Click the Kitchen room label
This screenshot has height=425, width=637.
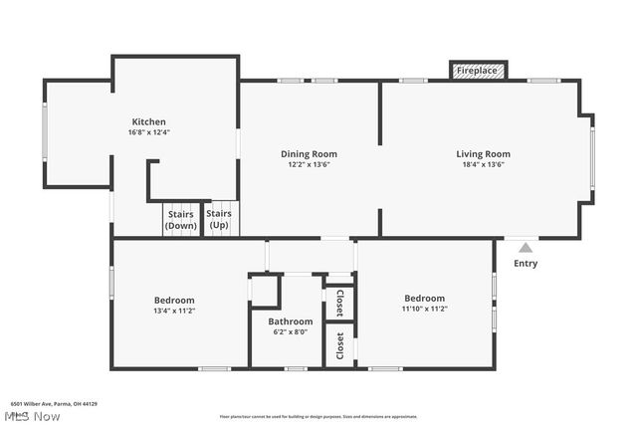pos(148,121)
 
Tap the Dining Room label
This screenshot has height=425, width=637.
pos(309,153)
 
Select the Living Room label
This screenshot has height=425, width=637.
pos(483,153)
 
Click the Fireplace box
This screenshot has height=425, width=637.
pos(479,71)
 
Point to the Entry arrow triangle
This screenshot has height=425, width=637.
pos(526,246)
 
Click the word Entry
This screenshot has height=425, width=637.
pos(526,264)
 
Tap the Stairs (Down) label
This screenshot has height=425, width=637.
pos(180,220)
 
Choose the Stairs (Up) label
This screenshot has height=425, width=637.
pos(219,220)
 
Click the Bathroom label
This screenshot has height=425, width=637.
pos(290,321)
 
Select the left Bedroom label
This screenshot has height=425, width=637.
pos(174,300)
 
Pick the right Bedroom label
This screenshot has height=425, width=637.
pos(424,298)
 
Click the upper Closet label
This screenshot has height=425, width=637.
pos(339,303)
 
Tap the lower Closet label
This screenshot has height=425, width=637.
pos(339,346)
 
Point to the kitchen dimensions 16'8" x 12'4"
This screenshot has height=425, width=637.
pos(148,132)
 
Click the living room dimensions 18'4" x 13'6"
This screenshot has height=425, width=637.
pos(483,165)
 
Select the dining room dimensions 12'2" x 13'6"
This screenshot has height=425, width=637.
pos(309,165)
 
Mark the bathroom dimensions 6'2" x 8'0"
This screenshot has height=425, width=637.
pos(290,332)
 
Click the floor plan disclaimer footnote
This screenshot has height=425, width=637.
pos(318,416)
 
